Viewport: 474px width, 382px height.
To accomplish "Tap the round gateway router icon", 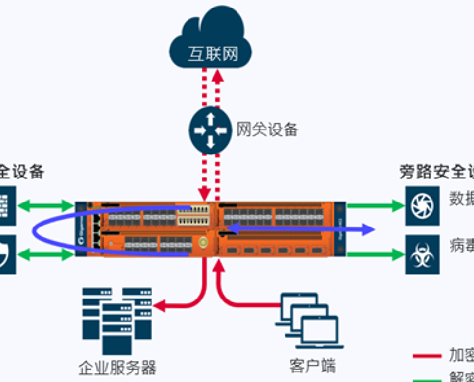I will point(210,129).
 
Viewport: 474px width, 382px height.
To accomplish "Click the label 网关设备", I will point(266,129).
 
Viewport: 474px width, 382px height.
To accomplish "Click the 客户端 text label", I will point(312,365).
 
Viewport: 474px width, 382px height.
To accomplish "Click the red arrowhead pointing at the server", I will point(159,306).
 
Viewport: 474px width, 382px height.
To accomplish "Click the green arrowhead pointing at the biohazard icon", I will point(397,255).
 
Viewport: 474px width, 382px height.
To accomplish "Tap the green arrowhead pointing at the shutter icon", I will point(397,205).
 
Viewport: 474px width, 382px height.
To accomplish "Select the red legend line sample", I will point(427,356).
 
